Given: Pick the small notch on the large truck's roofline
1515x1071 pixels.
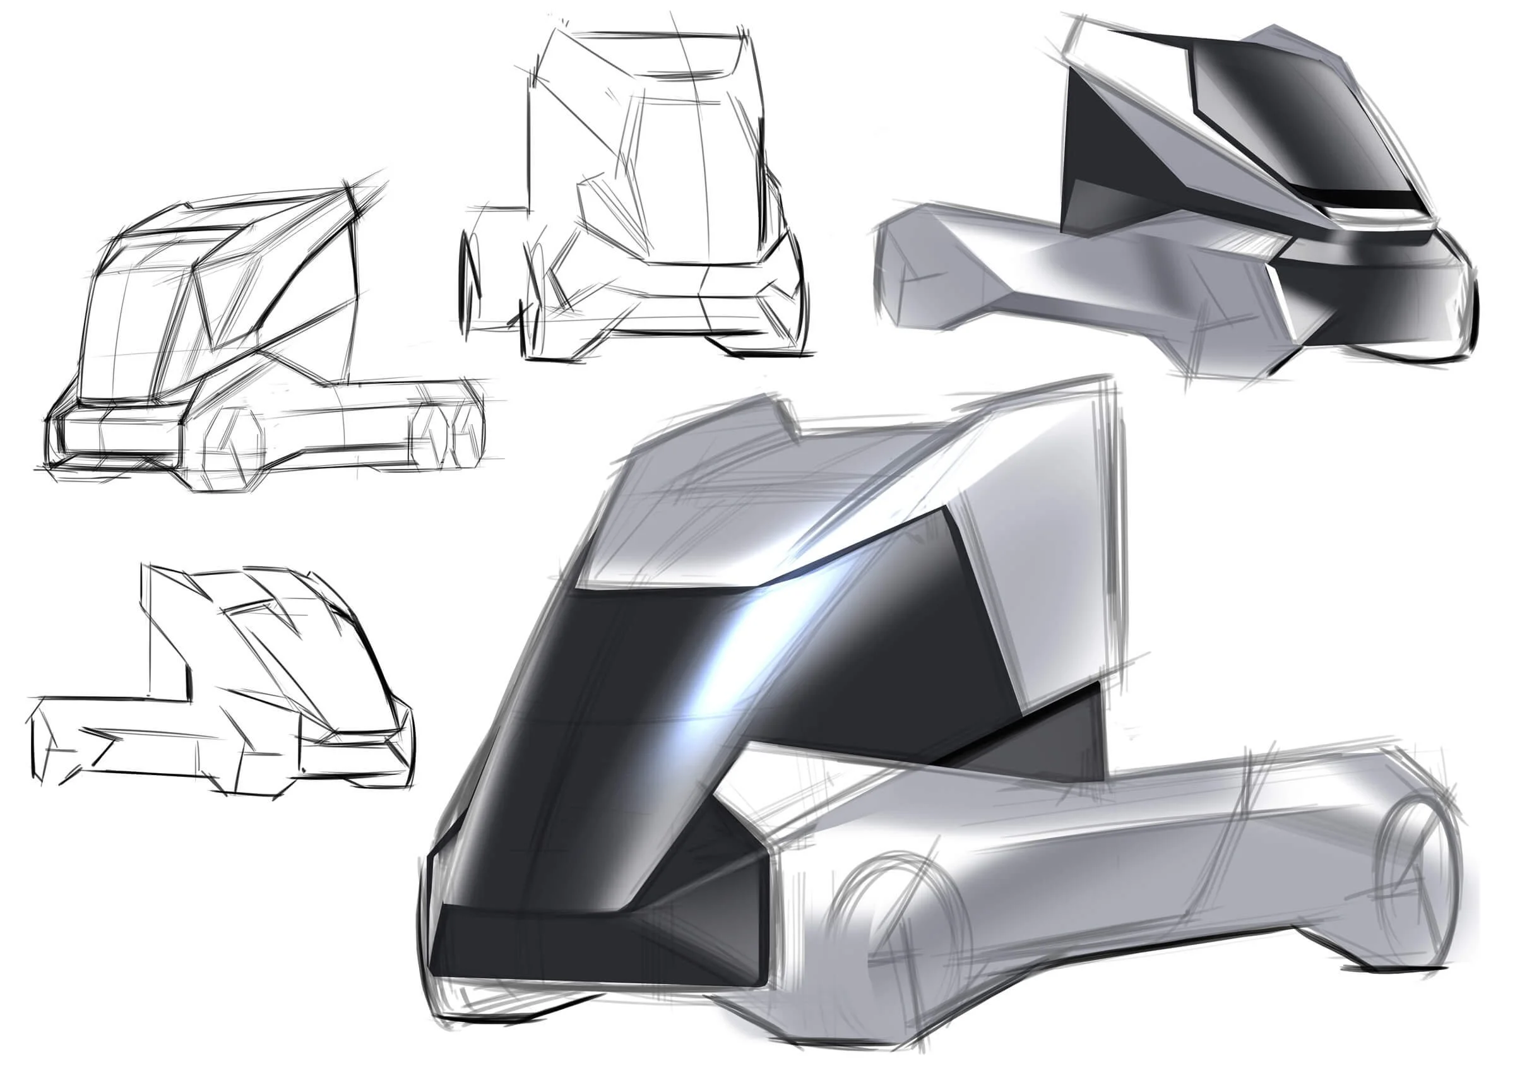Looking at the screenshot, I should coord(785,416).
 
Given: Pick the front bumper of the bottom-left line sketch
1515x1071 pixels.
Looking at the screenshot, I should coord(356,759).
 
